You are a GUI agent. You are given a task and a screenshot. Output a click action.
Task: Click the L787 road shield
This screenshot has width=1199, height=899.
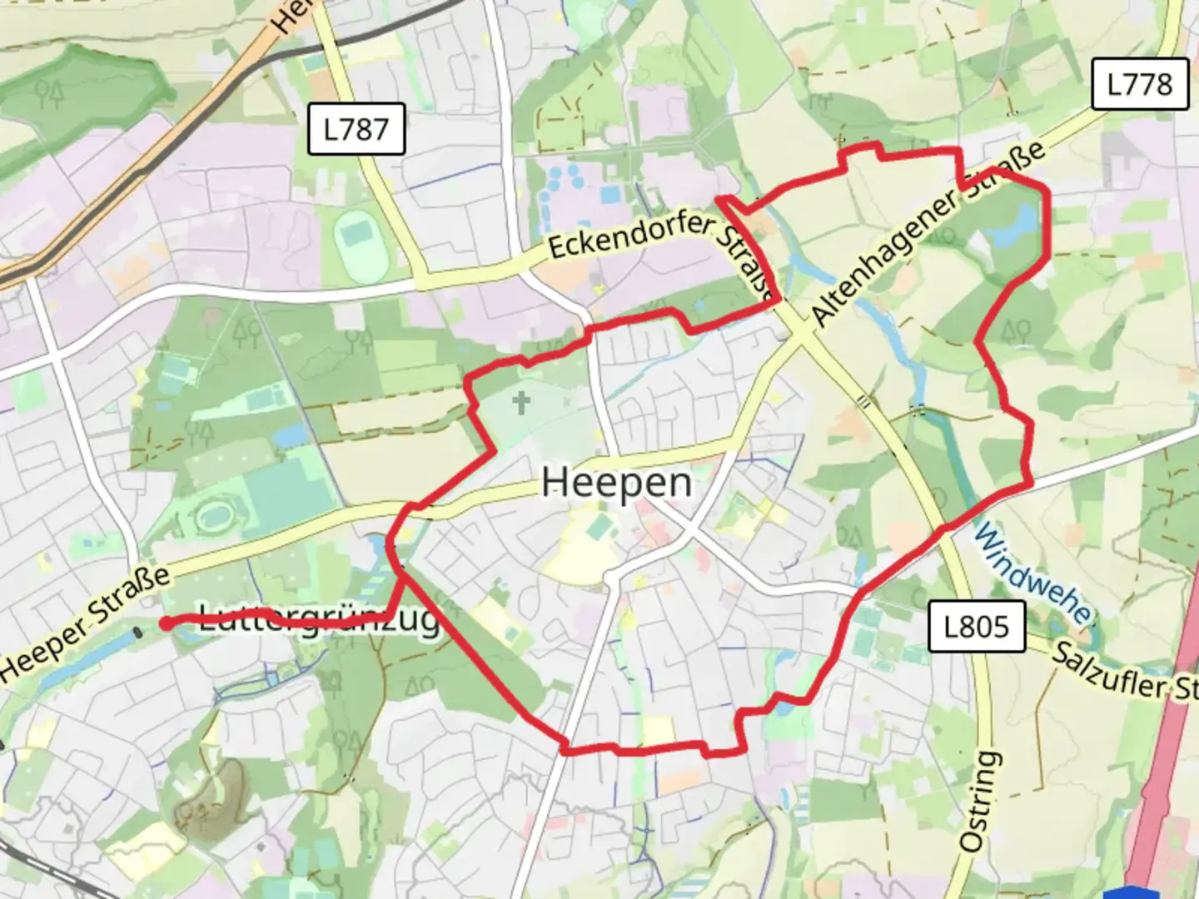click(356, 129)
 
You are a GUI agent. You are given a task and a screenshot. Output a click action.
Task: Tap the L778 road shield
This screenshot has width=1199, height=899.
click(1139, 84)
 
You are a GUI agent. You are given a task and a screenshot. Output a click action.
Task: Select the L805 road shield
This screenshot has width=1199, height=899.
click(976, 626)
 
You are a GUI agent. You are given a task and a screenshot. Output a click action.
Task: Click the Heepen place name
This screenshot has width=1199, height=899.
click(616, 483)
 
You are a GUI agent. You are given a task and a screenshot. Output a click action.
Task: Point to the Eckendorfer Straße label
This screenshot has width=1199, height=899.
click(658, 250)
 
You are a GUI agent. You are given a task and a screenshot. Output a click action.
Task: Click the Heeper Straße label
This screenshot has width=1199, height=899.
click(83, 620)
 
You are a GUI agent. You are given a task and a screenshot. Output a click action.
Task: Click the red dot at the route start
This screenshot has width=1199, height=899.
click(166, 623)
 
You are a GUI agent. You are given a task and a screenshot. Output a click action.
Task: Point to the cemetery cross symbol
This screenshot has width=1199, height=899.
click(521, 404)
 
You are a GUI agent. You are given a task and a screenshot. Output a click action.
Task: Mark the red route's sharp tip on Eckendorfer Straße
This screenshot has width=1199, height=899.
click(719, 198)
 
